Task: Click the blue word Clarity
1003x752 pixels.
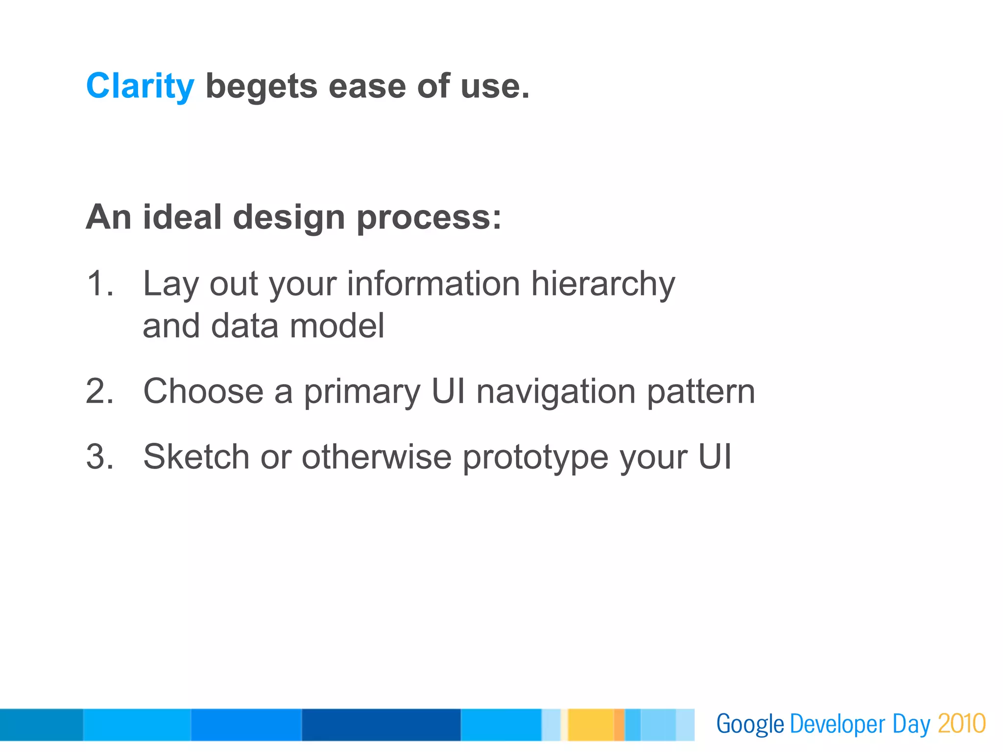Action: pyautogui.click(x=140, y=87)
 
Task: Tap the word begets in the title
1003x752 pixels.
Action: pyautogui.click(x=262, y=87)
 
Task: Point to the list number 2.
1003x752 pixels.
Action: pyautogui.click(x=99, y=391)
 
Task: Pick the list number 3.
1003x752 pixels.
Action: pyautogui.click(x=99, y=457)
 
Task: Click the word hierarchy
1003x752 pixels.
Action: pyautogui.click(x=603, y=284)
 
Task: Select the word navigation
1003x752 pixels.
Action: pyautogui.click(x=556, y=392)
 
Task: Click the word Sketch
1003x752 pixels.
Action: pyautogui.click(x=196, y=457)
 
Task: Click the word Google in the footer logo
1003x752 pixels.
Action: pyautogui.click(x=750, y=725)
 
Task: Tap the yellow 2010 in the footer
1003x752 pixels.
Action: pyautogui.click(x=961, y=724)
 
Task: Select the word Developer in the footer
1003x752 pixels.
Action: pyautogui.click(x=837, y=725)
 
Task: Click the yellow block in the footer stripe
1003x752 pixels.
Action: pyautogui.click(x=590, y=725)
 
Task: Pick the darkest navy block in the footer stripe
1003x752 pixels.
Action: pyautogui.click(x=381, y=725)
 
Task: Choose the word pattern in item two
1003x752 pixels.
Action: pyautogui.click(x=701, y=392)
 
